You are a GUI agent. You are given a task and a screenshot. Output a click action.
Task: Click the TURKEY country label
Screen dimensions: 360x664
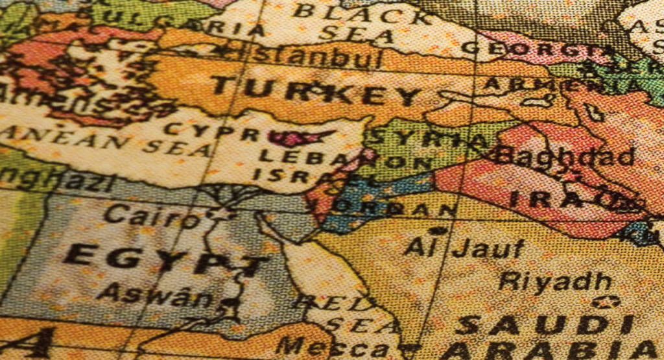point(316,91)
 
